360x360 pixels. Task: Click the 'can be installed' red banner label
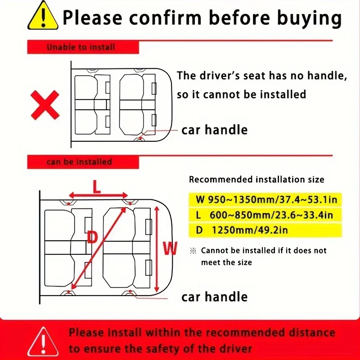(79, 162)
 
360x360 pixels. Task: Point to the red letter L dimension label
(97, 187)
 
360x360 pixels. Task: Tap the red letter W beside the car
(170, 248)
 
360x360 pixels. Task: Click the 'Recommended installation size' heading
(256, 180)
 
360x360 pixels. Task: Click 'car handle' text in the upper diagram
(214, 130)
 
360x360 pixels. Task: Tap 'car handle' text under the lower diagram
(214, 297)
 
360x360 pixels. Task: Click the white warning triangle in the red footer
(43, 339)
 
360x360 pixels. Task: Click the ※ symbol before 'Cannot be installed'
(193, 251)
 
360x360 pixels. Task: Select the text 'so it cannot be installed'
(241, 94)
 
